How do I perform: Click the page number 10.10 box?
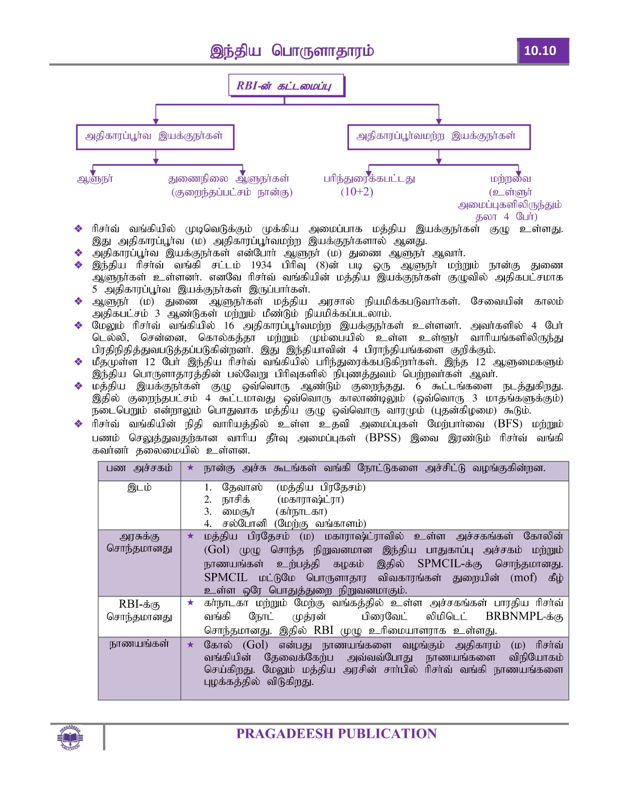click(542, 51)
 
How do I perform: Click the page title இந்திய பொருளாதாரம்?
click(292, 51)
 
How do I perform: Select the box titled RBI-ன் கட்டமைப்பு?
click(286, 86)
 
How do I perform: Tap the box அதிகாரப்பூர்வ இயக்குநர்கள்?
click(155, 137)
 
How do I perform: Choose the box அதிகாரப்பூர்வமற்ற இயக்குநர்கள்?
click(438, 137)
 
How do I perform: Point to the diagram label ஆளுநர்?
click(95, 179)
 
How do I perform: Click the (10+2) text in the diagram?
click(357, 192)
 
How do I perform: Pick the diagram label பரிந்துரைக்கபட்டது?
click(369, 179)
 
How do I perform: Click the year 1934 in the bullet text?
click(261, 265)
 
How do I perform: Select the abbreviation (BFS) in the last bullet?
click(508, 424)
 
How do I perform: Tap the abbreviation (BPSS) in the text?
click(383, 438)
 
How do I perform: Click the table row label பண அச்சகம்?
click(139, 468)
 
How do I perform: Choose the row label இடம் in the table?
click(139, 488)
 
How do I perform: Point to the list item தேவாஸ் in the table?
click(242, 488)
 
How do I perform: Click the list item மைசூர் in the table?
click(238, 512)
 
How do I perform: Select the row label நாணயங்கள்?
click(139, 644)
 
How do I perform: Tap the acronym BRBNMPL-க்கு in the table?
click(524, 617)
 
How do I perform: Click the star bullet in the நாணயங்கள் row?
click(191, 645)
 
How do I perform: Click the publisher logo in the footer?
click(70, 737)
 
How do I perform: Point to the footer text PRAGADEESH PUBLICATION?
click(336, 734)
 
